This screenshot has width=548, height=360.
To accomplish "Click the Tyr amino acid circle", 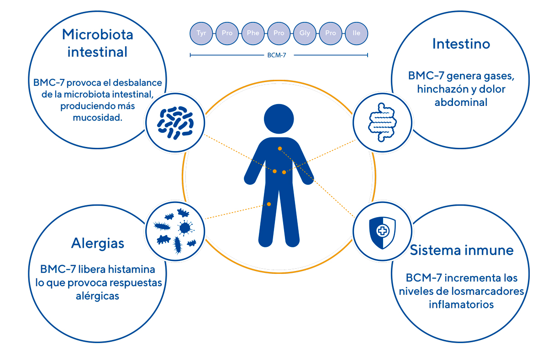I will click(x=201, y=33).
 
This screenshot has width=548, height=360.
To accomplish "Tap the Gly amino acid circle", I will click(x=305, y=33).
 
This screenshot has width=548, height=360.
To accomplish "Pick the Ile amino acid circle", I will click(x=357, y=33).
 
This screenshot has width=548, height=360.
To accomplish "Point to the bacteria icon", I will click(x=175, y=122).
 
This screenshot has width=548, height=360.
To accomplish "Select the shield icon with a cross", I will click(x=382, y=231).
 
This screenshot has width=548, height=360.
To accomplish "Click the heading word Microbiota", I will click(x=97, y=34).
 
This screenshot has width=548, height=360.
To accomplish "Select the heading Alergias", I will click(x=98, y=243).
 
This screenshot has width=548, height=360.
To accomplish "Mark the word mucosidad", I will click(x=98, y=118).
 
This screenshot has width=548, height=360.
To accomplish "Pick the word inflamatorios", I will click(x=461, y=304).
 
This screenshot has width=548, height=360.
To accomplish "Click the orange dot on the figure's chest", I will click(x=279, y=149).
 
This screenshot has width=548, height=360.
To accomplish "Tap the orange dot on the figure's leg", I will click(x=269, y=204).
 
